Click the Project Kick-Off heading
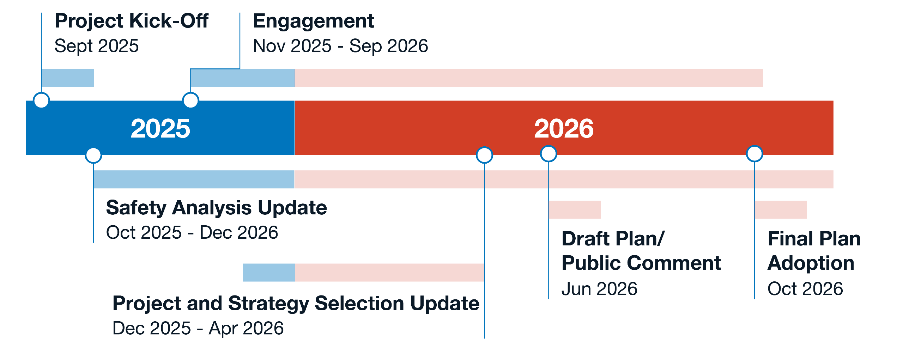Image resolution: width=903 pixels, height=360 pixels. coord(131,21)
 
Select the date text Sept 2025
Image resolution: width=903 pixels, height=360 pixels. coord(97,46)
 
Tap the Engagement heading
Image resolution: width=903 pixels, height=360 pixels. coord(313,21)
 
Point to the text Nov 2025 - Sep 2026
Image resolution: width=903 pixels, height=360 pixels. coord(340,46)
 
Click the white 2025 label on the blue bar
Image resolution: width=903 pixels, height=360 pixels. coord(160,128)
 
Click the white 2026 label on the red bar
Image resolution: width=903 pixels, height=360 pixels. coord(564,128)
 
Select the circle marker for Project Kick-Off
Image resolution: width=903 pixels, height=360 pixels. coord(41,100)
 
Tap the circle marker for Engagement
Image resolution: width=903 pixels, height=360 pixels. coord(190,100)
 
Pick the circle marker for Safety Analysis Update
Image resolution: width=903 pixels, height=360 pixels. coord(93,155)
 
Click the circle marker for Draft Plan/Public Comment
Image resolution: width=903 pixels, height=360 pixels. coord(549,154)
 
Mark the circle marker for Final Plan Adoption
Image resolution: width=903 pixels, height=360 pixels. coord(754,154)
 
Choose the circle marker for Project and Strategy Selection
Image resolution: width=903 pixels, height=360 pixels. coord(484,155)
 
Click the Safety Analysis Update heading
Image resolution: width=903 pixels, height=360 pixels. coord(216,208)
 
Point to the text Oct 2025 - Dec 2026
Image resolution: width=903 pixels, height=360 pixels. coord(192,233)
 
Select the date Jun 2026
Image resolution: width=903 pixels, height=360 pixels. coord(599,289)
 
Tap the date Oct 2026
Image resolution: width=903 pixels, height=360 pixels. coord(805,289)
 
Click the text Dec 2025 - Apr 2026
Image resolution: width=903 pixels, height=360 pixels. coord(198,329)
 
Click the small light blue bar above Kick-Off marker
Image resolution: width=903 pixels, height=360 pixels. coord(68,78)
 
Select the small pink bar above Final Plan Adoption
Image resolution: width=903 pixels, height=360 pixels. coord(781,210)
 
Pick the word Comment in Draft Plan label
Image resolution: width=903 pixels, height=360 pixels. coord(674,263)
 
